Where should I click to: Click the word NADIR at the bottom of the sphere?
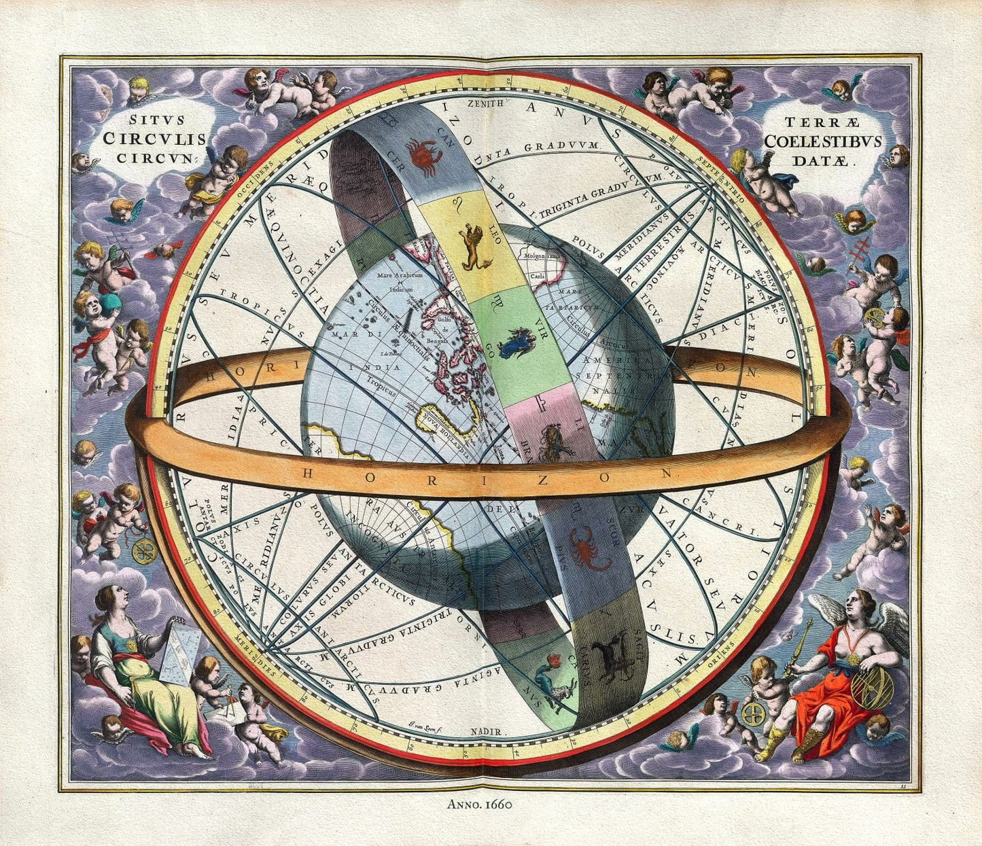pyautogui.click(x=487, y=732)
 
